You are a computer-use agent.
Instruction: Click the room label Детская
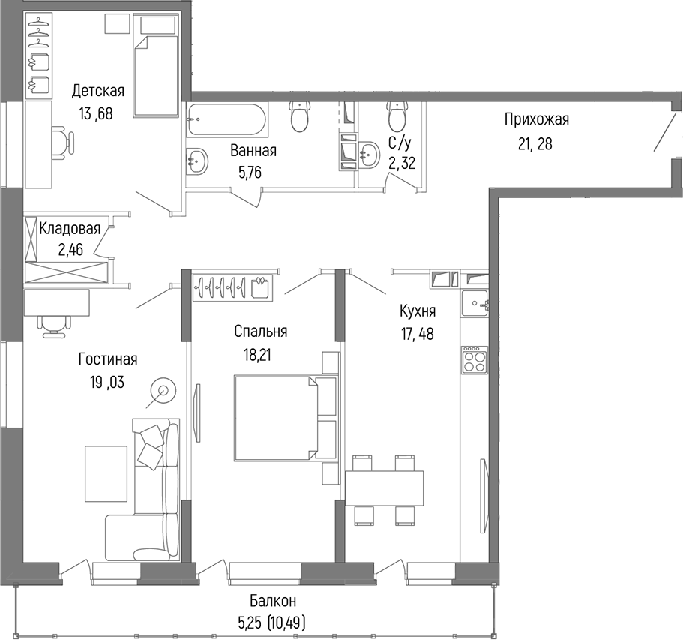97,92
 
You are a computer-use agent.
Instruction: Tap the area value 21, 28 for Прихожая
535,143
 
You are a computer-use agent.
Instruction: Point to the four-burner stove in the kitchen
473,361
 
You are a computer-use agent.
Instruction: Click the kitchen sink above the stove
474,305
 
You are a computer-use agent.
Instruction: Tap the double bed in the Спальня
275,417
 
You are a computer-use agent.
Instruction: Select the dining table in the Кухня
384,488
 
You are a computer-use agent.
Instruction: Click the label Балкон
273,601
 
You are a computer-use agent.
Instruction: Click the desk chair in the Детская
62,140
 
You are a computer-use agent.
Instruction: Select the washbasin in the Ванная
197,159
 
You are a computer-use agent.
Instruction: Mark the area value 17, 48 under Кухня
418,335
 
